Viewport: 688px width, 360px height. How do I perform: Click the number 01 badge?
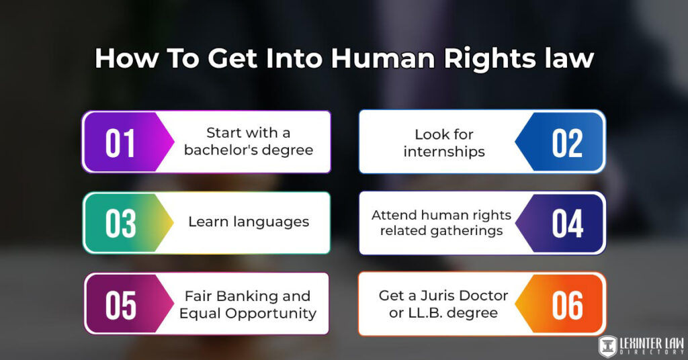coord(120,143)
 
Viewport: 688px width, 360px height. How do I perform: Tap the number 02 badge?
coord(567,143)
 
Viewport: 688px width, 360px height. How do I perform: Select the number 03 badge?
coord(120,224)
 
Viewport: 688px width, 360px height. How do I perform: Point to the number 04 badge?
coord(567,224)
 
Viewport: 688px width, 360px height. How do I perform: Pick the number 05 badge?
coord(120,304)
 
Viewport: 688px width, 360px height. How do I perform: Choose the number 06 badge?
coord(567,304)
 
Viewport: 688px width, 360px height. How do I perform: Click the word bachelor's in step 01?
coord(218,150)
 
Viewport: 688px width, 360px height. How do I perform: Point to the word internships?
coord(444,151)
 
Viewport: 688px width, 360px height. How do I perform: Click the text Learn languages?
coord(249,222)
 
